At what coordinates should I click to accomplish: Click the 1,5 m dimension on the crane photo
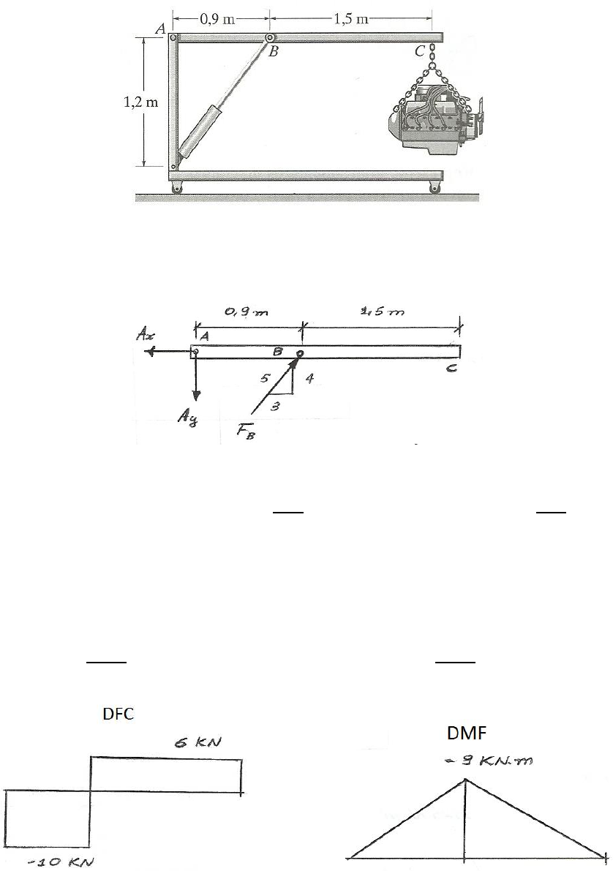click(x=351, y=19)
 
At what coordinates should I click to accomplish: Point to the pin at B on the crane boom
click(x=269, y=38)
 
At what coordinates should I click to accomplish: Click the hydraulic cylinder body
click(x=200, y=132)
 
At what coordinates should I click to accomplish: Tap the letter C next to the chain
click(x=420, y=52)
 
